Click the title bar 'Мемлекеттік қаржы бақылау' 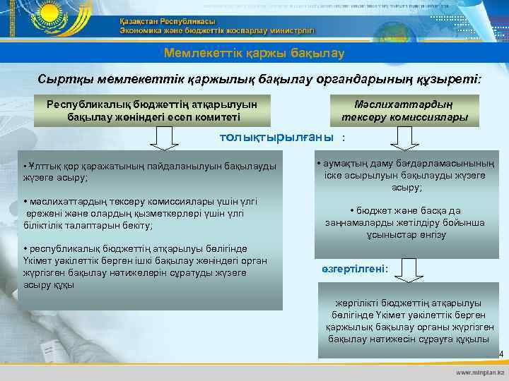click(x=254, y=53)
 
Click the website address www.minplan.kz click(x=480, y=371)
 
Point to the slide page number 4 click(x=500, y=354)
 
